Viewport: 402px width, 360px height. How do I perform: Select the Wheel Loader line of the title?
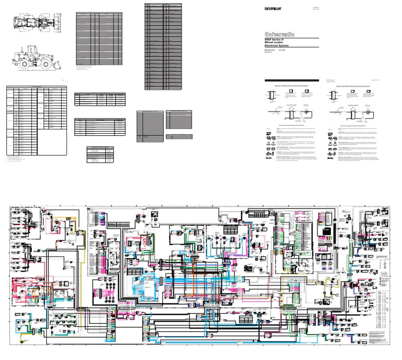[x=276, y=43]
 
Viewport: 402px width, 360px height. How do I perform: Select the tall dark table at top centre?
[x=157, y=45]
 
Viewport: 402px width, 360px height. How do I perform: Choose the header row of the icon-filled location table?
[x=37, y=88]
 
